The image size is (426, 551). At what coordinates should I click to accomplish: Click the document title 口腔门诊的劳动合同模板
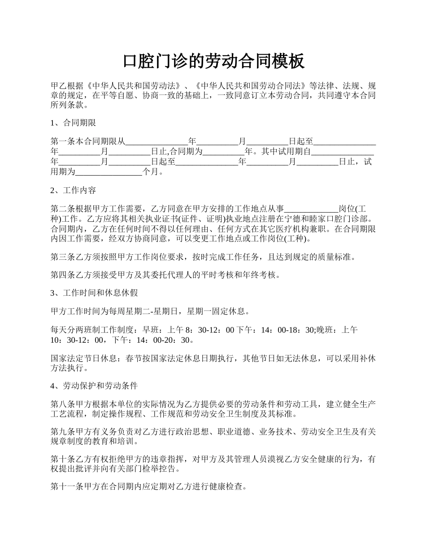(x=213, y=61)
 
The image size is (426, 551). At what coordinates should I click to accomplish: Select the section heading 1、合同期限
(x=73, y=123)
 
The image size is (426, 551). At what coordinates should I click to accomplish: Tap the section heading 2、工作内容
(x=73, y=190)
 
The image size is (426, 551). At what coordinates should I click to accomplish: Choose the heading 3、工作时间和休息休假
(x=94, y=293)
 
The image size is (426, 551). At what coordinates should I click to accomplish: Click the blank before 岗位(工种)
(x=311, y=208)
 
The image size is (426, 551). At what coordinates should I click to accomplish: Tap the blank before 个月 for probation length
(x=109, y=172)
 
